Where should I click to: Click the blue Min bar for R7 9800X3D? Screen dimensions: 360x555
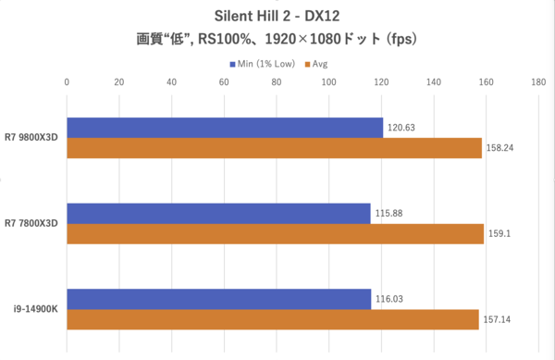pos(225,128)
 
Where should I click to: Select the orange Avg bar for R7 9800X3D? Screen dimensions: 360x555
pos(275,148)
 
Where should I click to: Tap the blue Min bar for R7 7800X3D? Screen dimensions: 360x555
pos(218,214)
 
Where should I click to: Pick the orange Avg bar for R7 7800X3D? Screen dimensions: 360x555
pos(276,234)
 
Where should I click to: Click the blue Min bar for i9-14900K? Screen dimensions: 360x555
pos(219,299)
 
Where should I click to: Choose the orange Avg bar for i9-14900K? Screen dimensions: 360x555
pos(273,319)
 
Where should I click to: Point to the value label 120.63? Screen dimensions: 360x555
pos(402,128)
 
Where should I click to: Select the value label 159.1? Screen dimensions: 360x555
pos(499,234)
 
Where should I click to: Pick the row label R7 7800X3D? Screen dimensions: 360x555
pos(32,224)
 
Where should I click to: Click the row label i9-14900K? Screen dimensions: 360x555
pos(35,309)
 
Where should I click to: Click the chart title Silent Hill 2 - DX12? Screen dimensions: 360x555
pos(277,17)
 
